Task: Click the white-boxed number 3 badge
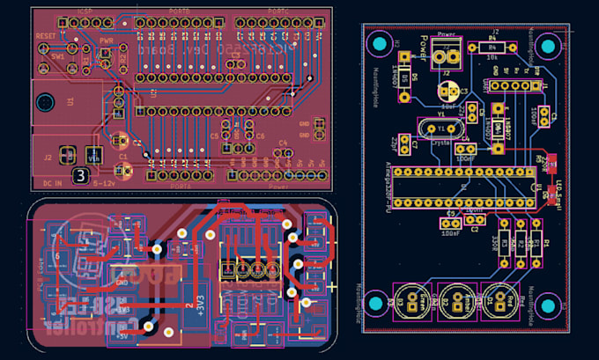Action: click(x=81, y=176)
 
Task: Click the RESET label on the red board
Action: click(x=45, y=37)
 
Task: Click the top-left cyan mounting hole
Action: click(x=380, y=44)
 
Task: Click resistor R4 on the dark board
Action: click(x=492, y=46)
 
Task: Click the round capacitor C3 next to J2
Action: click(x=450, y=92)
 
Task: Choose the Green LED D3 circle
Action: click(x=410, y=302)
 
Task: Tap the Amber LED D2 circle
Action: click(x=456, y=302)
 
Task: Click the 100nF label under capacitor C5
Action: click(x=451, y=232)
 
